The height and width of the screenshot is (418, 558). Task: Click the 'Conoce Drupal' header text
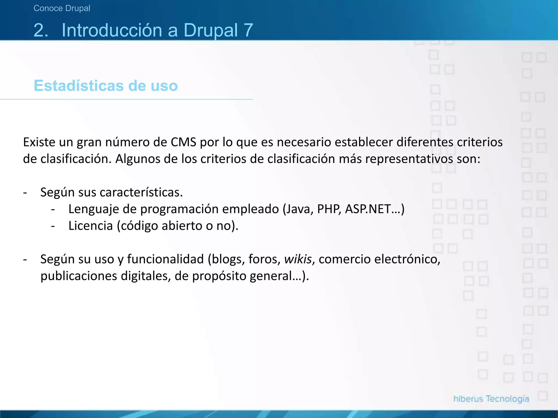pyautogui.click(x=62, y=8)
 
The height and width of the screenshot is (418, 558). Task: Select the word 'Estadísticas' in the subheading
pyautogui.click(x=78, y=86)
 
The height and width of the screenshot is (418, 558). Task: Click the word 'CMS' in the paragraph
pyautogui.click(x=183, y=142)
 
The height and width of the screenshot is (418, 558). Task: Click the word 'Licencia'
pyautogui.click(x=90, y=226)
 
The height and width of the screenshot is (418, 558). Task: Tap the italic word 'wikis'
pyautogui.click(x=298, y=259)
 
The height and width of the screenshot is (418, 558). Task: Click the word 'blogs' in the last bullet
pyautogui.click(x=228, y=259)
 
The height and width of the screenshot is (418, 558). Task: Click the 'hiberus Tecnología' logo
pyautogui.click(x=491, y=399)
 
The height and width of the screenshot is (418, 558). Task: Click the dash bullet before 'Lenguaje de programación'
pyautogui.click(x=53, y=210)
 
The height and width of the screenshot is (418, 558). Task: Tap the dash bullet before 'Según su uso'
pyautogui.click(x=25, y=260)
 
